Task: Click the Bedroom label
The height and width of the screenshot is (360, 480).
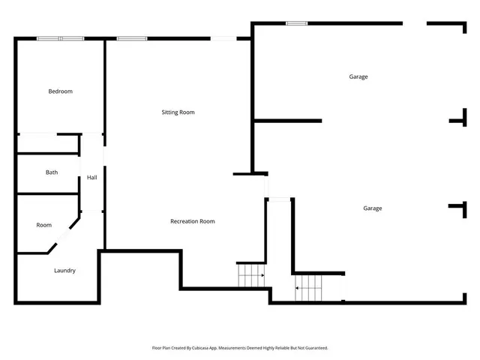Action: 60,91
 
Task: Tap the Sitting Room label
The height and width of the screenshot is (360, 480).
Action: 178,112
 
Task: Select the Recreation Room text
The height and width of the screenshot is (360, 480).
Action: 192,221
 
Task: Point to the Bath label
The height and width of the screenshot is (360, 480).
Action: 51,172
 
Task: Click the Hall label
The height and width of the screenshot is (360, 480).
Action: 91,178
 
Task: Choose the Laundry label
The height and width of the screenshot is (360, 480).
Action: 64,271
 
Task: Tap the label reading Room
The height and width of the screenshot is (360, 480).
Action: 43,225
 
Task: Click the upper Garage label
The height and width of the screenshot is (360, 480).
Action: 358,76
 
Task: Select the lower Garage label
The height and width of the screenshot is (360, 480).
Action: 372,208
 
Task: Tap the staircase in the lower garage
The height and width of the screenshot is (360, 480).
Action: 308,287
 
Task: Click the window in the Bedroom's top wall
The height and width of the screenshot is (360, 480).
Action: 61,39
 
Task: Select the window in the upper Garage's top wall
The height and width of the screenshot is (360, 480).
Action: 296,23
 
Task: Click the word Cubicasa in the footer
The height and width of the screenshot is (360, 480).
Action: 208,348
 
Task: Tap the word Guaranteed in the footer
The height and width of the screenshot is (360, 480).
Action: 314,348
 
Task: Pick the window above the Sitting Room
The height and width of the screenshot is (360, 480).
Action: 131,39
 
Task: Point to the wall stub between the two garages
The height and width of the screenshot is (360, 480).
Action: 289,121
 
